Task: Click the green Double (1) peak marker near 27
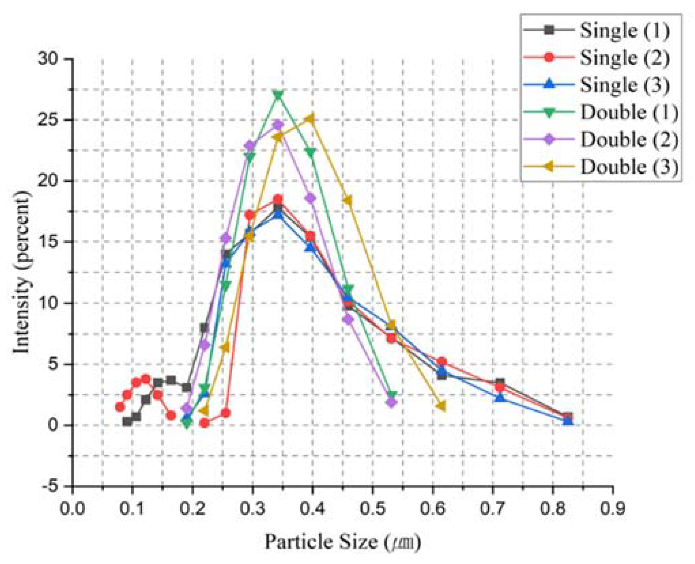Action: (x=278, y=96)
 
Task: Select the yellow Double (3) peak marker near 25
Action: (x=310, y=119)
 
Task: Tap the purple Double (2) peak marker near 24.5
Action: (x=278, y=125)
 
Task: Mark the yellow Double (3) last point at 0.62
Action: (x=442, y=406)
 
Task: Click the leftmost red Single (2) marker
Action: (x=120, y=407)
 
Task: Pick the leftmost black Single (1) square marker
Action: (x=127, y=422)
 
